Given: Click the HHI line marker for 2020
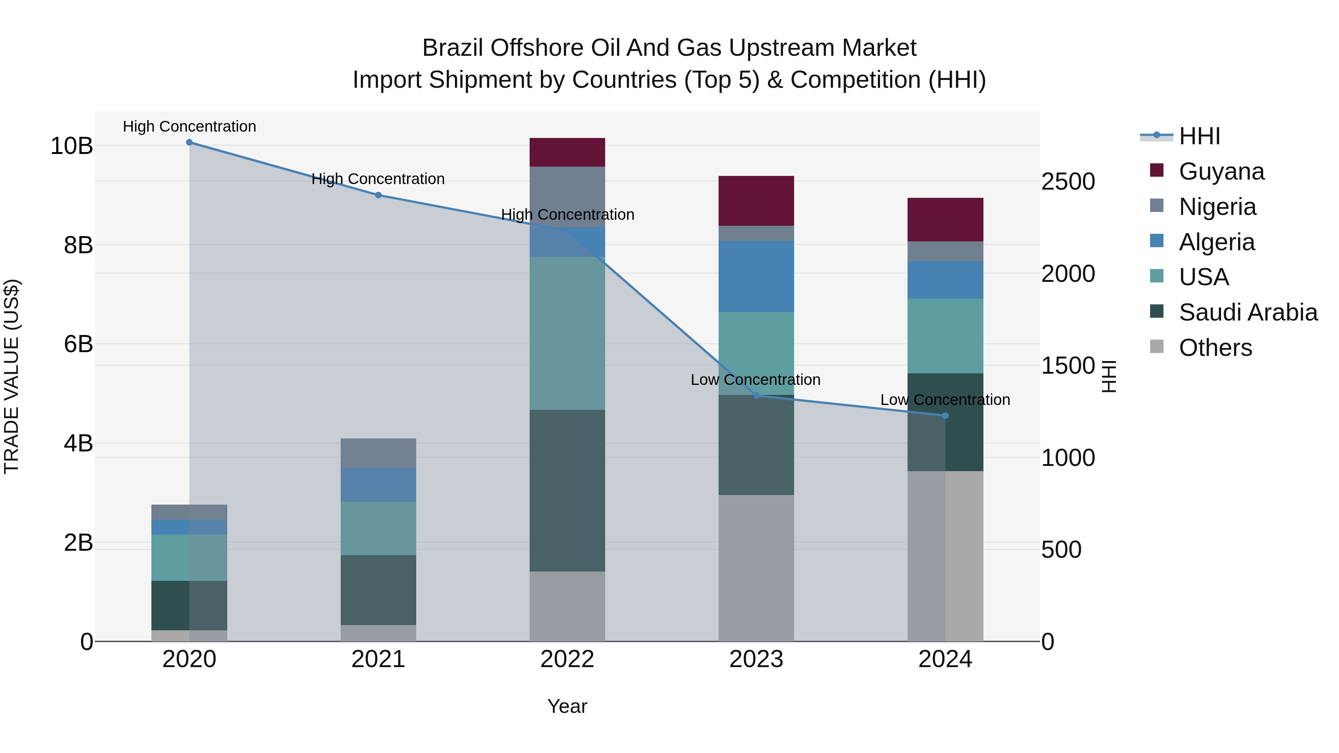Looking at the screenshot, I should [x=189, y=142].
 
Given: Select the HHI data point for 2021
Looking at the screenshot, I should [x=378, y=195].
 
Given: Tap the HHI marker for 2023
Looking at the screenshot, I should [x=756, y=396].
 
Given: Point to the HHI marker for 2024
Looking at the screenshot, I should [x=945, y=416].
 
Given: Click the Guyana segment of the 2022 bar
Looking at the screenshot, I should [x=567, y=152].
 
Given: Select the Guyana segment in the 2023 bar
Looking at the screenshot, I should [x=756, y=200].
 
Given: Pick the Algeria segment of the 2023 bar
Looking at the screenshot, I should [x=756, y=276].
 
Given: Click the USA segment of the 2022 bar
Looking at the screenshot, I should [x=567, y=333].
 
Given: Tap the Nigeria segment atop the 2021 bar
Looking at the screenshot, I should [x=378, y=453].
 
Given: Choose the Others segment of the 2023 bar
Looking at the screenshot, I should [x=756, y=567].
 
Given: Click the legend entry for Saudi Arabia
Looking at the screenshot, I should [x=1248, y=312].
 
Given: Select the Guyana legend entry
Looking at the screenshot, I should [x=1221, y=171].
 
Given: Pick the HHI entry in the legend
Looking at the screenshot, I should [x=1199, y=136].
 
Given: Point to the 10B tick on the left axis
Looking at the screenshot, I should [x=72, y=146].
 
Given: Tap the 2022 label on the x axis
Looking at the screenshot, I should [x=567, y=659].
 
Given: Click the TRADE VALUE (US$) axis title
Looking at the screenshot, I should [x=12, y=376].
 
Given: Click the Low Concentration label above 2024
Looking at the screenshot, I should [x=945, y=400].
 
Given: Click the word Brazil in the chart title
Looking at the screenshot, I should [x=452, y=48].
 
